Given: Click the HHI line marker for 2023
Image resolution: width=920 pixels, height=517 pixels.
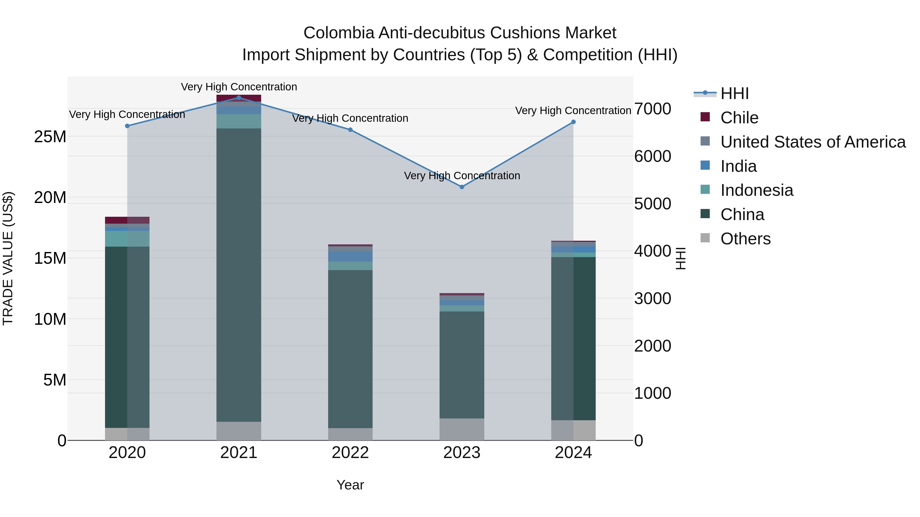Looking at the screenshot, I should tap(462, 187).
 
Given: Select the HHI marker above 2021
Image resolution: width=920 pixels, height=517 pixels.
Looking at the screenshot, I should tap(239, 98).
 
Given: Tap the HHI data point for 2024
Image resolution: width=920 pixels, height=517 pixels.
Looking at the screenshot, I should tap(573, 122).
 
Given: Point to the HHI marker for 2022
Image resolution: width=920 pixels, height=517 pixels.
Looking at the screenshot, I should tap(350, 130).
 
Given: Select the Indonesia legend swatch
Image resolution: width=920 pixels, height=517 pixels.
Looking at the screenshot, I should tap(705, 190).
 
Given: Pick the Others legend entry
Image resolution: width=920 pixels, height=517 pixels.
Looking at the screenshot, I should tap(745, 239).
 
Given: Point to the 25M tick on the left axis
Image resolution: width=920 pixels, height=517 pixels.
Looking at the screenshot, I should tap(50, 137).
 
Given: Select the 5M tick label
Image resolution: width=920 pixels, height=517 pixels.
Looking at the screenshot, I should tap(55, 380).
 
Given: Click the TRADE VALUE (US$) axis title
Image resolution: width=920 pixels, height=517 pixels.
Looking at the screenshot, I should tap(8, 258).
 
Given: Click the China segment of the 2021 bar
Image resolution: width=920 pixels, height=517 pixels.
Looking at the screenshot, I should tap(239, 275).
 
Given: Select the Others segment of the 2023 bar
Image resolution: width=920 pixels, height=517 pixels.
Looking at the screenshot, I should tap(462, 429).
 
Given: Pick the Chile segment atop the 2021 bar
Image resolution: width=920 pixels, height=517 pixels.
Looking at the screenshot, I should tap(239, 98).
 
